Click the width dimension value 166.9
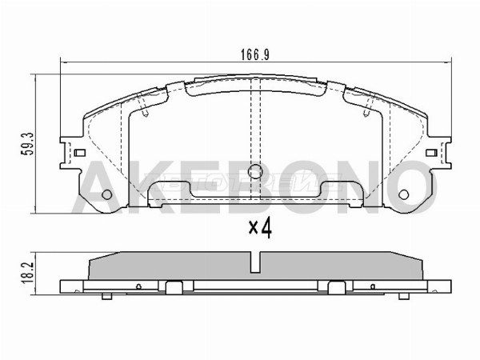pos(254,56)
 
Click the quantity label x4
pos(260,229)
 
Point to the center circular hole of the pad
pos(255,170)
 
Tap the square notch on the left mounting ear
pos(80,153)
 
